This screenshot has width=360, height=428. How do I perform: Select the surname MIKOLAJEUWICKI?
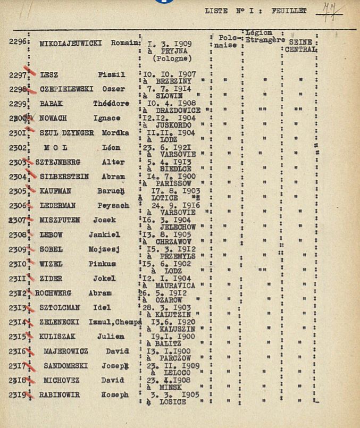click(71, 44)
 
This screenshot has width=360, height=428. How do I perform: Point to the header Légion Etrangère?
click(264, 36)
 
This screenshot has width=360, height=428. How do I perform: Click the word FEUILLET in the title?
click(289, 11)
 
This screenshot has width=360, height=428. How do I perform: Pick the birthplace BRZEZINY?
click(171, 81)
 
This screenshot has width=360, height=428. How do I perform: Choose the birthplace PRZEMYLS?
click(172, 256)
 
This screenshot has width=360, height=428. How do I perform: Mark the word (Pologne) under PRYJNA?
click(172, 58)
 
